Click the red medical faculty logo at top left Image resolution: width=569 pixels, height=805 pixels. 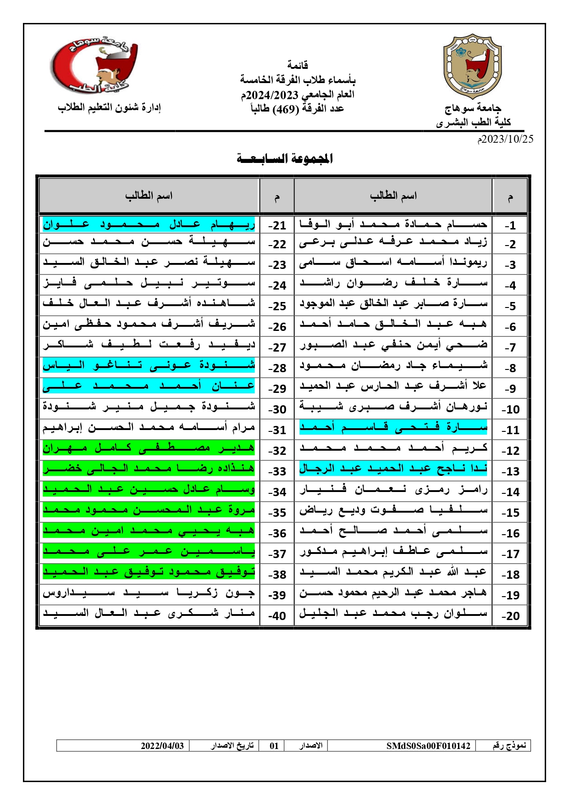[94, 64]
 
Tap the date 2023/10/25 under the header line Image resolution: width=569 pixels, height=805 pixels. [505, 139]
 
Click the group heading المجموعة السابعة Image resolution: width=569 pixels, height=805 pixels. [285, 159]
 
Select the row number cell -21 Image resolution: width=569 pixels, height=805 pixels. [277, 225]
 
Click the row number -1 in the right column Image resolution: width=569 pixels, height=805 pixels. [510, 225]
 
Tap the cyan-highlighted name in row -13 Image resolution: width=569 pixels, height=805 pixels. [393, 469]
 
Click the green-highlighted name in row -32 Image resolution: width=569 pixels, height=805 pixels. [149, 448]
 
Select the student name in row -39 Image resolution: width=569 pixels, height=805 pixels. [149, 593]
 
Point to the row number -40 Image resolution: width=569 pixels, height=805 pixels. [277, 615]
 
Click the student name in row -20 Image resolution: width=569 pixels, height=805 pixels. [393, 614]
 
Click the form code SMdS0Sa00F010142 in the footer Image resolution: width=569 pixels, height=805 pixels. [428, 746]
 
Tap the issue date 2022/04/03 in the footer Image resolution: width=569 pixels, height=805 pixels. [162, 746]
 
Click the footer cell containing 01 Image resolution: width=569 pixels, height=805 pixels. [274, 746]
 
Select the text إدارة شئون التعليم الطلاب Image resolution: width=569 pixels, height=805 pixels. [109, 107]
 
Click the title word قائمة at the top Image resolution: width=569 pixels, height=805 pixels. [298, 65]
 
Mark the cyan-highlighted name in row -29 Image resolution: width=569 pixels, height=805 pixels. [149, 386]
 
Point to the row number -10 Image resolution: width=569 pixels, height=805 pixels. [510, 409]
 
